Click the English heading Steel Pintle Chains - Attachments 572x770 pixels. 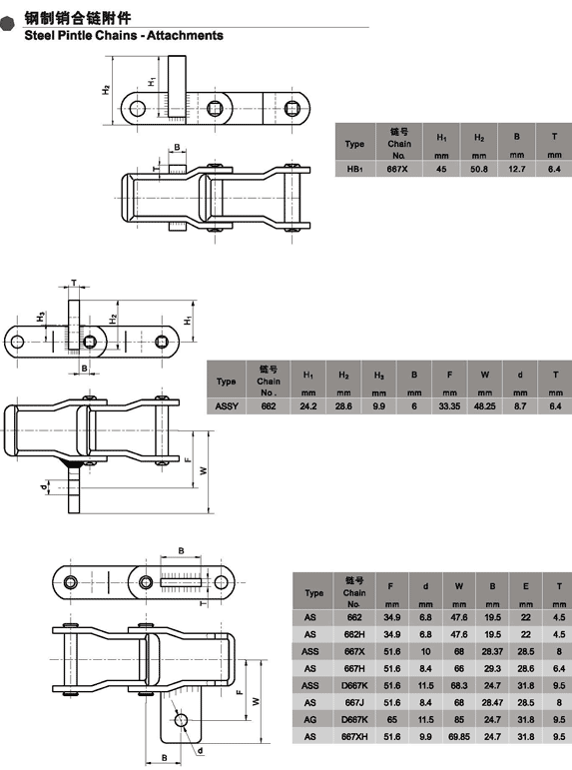[x=124, y=35]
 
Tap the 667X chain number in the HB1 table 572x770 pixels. [x=397, y=169]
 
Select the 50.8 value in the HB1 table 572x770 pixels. [x=479, y=169]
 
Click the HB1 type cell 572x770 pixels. [x=354, y=169]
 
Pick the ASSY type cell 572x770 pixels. [x=227, y=406]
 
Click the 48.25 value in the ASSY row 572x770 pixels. [x=484, y=406]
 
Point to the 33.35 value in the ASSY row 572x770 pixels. [x=449, y=406]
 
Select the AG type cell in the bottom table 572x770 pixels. [x=309, y=720]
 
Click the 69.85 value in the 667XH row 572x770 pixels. [x=459, y=737]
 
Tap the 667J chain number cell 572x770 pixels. [x=354, y=703]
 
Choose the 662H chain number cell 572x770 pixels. [x=354, y=634]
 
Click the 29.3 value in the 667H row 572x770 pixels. [x=492, y=669]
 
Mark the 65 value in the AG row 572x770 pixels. [x=391, y=720]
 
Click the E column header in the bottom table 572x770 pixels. [x=525, y=586]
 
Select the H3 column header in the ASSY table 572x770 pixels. [x=378, y=376]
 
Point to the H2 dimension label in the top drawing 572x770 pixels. [x=106, y=90]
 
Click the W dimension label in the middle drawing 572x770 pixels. [x=204, y=471]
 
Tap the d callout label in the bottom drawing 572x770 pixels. [x=201, y=751]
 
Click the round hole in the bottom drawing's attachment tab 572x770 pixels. [x=181, y=720]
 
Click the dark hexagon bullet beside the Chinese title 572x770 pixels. [x=7, y=23]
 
